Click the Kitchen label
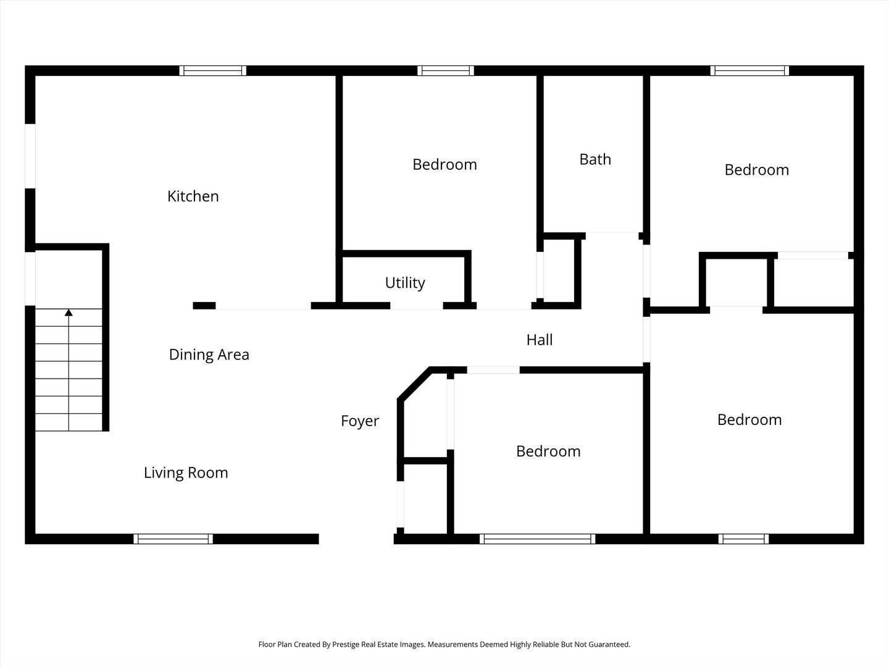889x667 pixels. coord(193,196)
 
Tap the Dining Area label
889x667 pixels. coord(209,354)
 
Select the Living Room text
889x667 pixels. coord(186,473)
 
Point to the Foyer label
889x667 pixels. coord(360,421)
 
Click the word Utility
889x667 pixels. coord(405,283)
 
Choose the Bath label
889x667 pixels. coord(595,159)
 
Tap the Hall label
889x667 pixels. coord(540,340)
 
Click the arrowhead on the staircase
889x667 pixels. coord(69,313)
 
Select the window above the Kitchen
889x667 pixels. coord(213,70)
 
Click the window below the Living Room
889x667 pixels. coord(173,539)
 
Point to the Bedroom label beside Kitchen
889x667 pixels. coord(444,165)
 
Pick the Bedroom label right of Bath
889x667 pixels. coord(756,170)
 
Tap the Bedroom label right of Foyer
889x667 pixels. coord(548,451)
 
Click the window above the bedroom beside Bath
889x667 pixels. coord(749,70)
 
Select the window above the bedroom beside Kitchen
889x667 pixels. coord(446,70)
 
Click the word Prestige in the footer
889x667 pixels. coord(346,644)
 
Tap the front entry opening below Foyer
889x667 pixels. coord(356,539)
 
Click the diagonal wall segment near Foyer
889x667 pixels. coord(414,384)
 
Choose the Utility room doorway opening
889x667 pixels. coord(417,306)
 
